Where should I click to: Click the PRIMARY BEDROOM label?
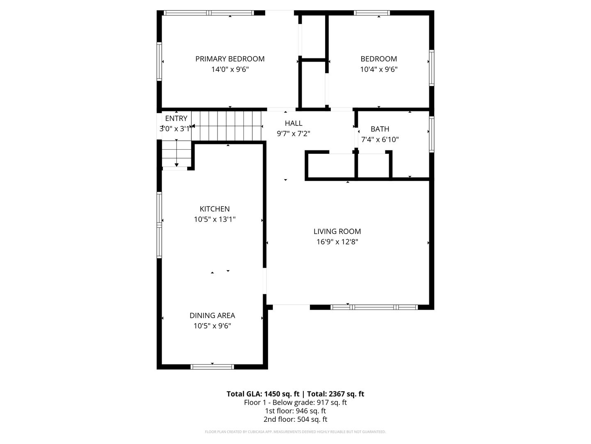coord(230,59)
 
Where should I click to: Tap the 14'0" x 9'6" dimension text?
coord(230,69)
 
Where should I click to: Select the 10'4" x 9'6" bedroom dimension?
coord(378,69)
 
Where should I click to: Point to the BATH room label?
coord(380,129)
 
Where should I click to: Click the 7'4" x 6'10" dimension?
coord(380,140)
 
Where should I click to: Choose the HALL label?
coord(293,123)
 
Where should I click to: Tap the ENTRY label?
coord(176,118)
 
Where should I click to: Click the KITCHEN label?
coord(215,209)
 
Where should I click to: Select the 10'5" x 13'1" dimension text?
coord(215,220)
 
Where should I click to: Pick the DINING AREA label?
coord(212,315)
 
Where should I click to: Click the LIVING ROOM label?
coord(337,231)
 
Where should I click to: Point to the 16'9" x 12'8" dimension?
coord(337,242)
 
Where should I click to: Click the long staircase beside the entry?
coord(227,126)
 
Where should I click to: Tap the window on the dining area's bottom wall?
coord(212,367)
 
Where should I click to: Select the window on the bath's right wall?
coord(431,134)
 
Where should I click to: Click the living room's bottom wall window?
coord(374,307)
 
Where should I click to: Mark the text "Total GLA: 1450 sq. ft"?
coord(263,394)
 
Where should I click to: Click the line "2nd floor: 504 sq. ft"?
coord(295,419)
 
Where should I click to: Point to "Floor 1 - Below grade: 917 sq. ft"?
coord(295,402)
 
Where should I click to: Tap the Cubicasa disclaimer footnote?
coord(295,432)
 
